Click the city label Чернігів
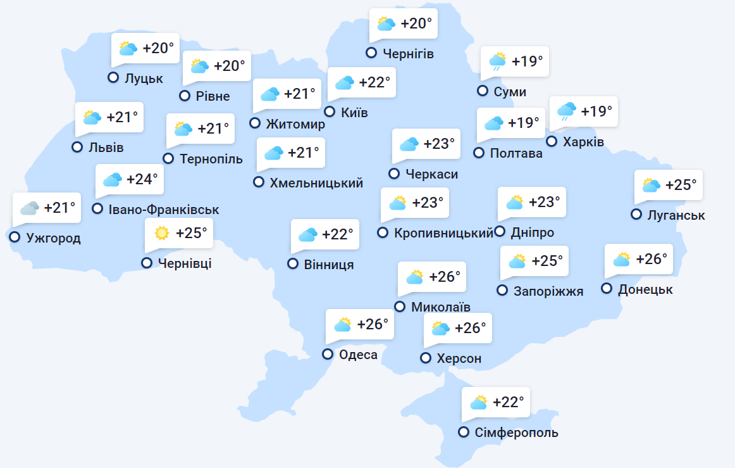(x=409, y=53)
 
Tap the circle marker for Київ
(x=330, y=112)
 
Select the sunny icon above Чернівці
(x=162, y=233)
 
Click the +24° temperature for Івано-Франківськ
(x=142, y=179)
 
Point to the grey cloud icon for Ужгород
(x=29, y=208)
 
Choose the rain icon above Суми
(x=497, y=61)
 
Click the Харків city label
(x=583, y=141)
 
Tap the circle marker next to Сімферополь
(x=464, y=433)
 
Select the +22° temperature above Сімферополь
(x=509, y=402)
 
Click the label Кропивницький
(x=443, y=233)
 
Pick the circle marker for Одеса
(x=328, y=355)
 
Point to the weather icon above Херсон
(x=440, y=328)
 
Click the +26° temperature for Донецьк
(x=652, y=259)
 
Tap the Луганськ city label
(x=676, y=215)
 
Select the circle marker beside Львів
(x=77, y=147)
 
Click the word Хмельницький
(x=316, y=183)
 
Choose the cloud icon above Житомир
(x=270, y=94)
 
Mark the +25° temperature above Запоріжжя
(x=547, y=261)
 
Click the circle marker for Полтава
(x=479, y=153)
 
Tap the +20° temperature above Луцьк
(x=158, y=48)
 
